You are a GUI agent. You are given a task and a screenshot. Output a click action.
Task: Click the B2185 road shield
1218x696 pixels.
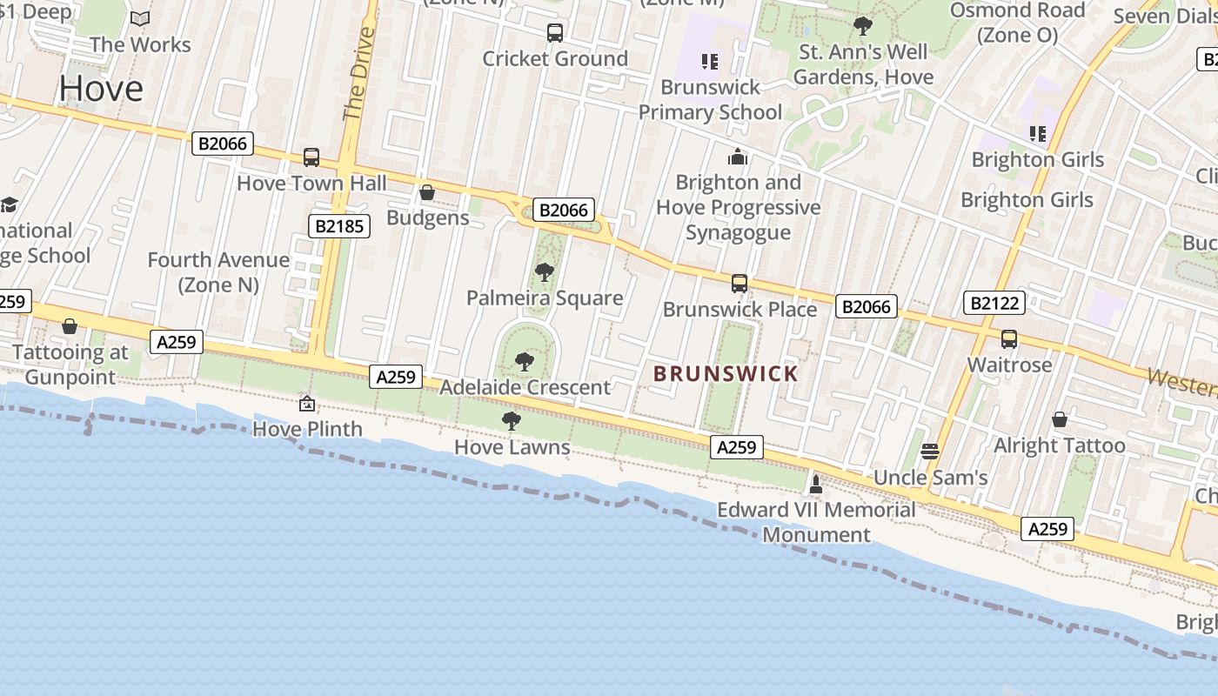click(339, 226)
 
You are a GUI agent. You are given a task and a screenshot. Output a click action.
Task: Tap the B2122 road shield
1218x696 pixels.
click(994, 303)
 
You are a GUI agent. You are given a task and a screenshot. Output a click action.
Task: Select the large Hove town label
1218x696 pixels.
click(102, 88)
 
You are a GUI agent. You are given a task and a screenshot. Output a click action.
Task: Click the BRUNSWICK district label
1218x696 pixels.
click(726, 374)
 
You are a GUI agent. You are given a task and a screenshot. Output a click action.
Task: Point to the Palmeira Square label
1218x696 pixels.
click(545, 298)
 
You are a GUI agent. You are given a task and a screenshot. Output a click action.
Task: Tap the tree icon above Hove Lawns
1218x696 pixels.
click(512, 421)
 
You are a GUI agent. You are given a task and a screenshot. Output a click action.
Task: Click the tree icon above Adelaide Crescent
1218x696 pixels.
click(524, 361)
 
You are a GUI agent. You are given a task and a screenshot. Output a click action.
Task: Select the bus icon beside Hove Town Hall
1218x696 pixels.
click(311, 157)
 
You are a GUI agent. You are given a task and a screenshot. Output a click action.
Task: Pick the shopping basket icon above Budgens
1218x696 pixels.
click(427, 192)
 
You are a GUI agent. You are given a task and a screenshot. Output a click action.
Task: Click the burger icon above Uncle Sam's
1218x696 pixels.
click(930, 451)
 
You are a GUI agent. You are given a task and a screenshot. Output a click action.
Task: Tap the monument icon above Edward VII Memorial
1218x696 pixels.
click(816, 483)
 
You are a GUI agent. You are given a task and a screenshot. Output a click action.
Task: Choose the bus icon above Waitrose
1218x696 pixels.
click(1009, 338)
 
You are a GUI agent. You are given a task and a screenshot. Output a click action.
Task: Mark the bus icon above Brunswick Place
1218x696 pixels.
click(739, 283)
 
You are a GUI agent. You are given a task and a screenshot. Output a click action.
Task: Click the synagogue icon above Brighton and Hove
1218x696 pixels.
click(738, 157)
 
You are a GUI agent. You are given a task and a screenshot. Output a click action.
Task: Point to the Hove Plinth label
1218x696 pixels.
click(307, 429)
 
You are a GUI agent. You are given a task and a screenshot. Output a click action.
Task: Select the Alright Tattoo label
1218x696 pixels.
click(1059, 445)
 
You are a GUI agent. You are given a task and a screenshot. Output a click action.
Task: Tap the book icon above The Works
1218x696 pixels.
click(140, 18)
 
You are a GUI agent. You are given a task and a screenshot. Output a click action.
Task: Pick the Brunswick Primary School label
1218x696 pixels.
click(711, 99)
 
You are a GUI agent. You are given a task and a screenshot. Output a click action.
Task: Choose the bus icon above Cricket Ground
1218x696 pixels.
click(555, 33)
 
